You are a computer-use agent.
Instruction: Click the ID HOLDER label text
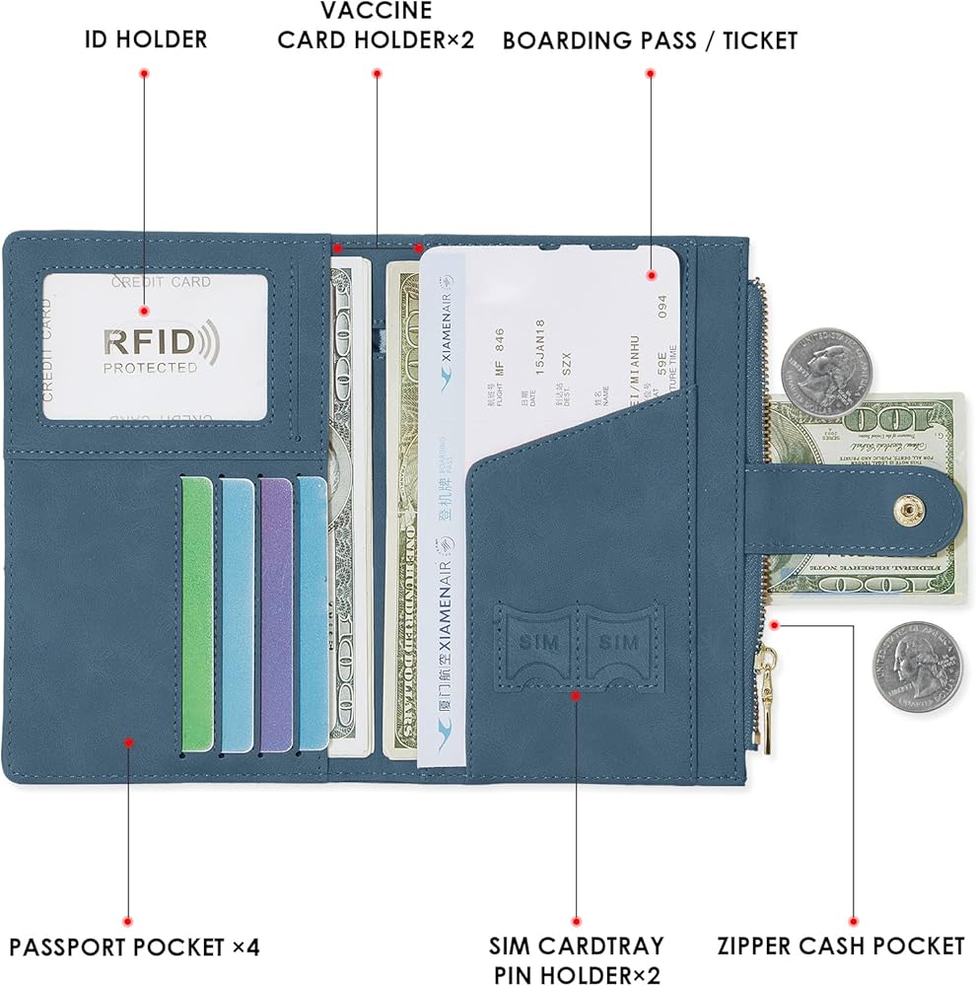click(145, 39)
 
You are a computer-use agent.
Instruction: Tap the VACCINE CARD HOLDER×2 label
click(376, 27)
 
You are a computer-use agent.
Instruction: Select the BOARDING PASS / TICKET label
click(650, 40)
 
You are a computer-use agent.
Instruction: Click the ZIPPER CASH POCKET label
click(841, 947)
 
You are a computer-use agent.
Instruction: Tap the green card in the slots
click(197, 611)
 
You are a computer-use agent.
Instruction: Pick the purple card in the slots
click(275, 611)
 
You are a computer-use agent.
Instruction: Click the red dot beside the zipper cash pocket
click(776, 623)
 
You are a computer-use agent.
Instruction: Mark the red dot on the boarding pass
click(650, 277)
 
